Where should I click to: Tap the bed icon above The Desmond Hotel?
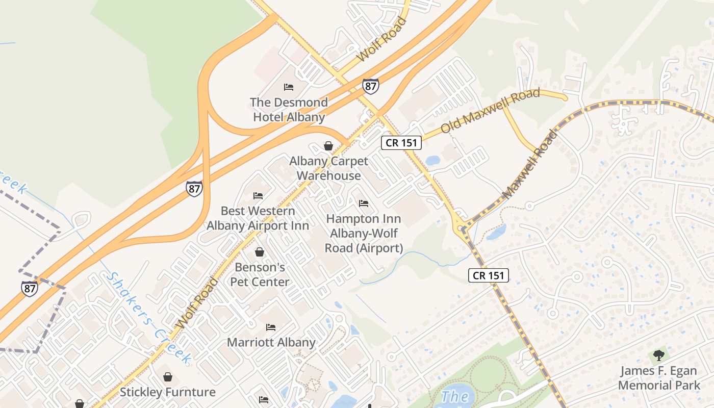pyautogui.click(x=289, y=87)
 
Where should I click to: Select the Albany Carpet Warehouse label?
pyautogui.click(x=328, y=168)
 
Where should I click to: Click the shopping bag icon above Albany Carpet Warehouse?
pyautogui.click(x=328, y=146)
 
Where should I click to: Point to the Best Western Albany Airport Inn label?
pyautogui.click(x=258, y=218)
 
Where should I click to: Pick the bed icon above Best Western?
pyautogui.click(x=258, y=196)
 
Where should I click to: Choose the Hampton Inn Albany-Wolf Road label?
pyautogui.click(x=364, y=234)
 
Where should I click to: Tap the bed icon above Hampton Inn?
pyautogui.click(x=364, y=203)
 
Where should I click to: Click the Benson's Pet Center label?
pyautogui.click(x=260, y=274)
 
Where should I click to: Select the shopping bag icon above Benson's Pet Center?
pyautogui.click(x=260, y=252)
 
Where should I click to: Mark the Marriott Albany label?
pyautogui.click(x=271, y=342)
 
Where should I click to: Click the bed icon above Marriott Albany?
pyautogui.click(x=271, y=327)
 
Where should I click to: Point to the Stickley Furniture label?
pyautogui.click(x=167, y=392)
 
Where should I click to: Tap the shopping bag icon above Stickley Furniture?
pyautogui.click(x=168, y=377)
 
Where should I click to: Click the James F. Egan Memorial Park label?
pyautogui.click(x=659, y=378)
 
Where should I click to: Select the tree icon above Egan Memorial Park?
pyautogui.click(x=659, y=355)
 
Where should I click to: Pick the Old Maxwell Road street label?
pyautogui.click(x=490, y=111)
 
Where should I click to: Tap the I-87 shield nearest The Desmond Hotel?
pyautogui.click(x=371, y=86)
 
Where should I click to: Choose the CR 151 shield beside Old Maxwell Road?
pyautogui.click(x=401, y=143)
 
